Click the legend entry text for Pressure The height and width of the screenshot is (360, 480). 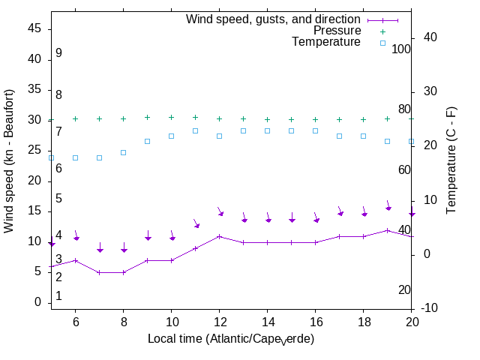pos(337,31)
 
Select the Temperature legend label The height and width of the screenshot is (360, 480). pos(326,42)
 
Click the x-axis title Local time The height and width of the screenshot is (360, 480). pos(231,339)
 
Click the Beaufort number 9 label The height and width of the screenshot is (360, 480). pos(58,53)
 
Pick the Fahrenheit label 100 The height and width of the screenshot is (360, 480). pos(401,49)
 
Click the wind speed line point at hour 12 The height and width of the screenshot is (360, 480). pos(219,236)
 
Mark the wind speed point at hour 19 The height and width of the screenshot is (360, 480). pos(387,230)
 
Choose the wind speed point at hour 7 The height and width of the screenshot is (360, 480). pos(99,272)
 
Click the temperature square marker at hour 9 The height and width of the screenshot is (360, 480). pos(147,141)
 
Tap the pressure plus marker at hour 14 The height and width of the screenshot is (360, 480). pos(267,119)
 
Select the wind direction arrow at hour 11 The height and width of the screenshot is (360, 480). pos(195,223)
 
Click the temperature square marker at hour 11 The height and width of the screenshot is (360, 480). pos(195,130)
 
